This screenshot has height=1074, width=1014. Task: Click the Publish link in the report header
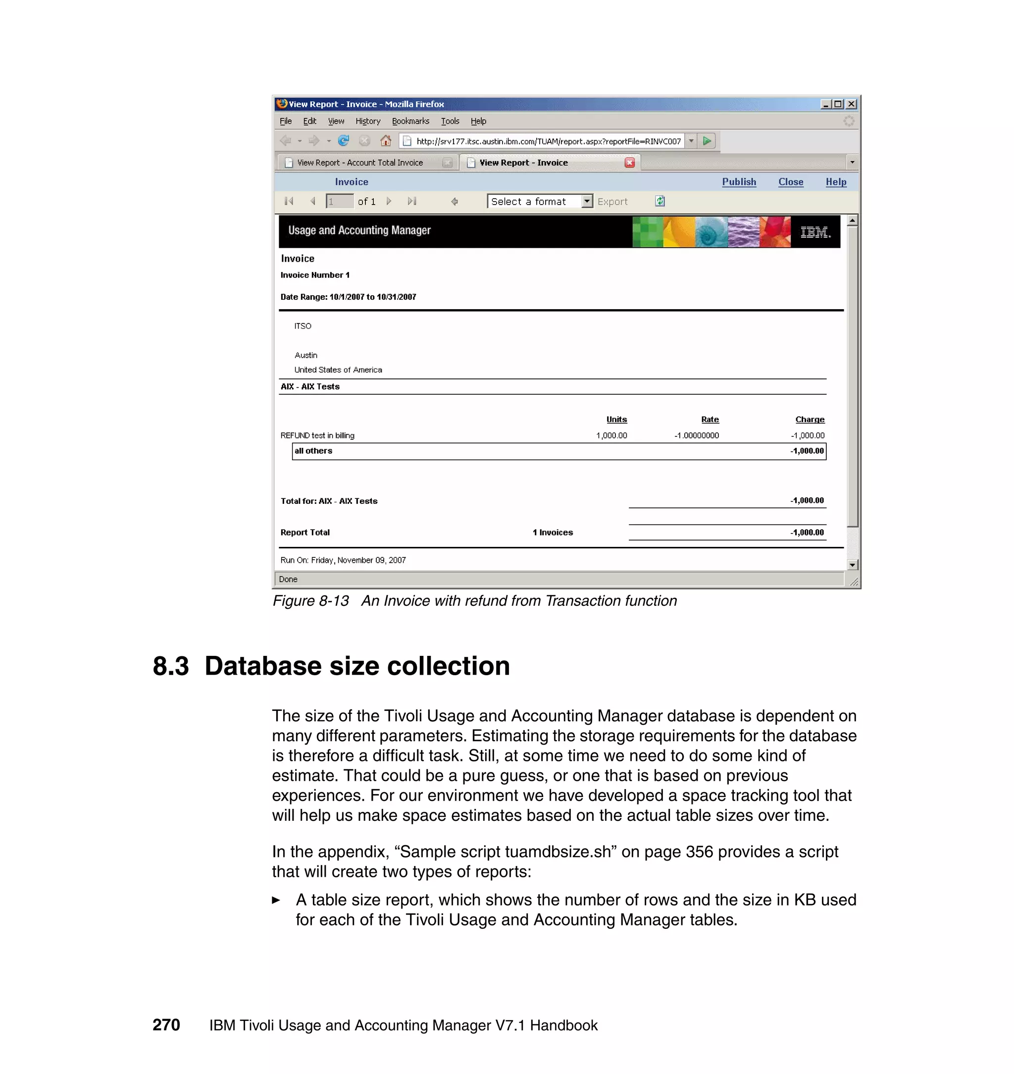(x=738, y=182)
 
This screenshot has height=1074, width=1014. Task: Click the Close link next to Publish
(x=790, y=182)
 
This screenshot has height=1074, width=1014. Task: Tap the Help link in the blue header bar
(x=835, y=182)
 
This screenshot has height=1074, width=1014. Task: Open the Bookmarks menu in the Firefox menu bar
(x=410, y=121)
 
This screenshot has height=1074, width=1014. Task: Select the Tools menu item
(x=450, y=121)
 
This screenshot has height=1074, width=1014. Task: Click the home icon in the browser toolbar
(x=385, y=141)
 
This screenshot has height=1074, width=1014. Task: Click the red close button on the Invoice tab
(x=629, y=163)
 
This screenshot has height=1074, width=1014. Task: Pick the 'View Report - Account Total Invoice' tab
(x=360, y=163)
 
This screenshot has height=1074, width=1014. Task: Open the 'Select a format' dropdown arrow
(x=586, y=201)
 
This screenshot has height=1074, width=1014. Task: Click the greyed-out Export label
(x=612, y=202)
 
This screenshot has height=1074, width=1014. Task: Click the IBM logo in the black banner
(x=814, y=232)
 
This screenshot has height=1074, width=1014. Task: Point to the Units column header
(x=616, y=419)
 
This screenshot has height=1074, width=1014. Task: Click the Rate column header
(x=710, y=419)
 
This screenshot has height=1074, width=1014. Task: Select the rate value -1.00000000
(x=696, y=435)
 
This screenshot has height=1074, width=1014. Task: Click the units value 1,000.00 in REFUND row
(x=611, y=435)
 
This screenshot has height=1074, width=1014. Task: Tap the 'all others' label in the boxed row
(x=313, y=450)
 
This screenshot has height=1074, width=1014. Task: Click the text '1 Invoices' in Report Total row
(x=553, y=532)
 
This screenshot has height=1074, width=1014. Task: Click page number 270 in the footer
(x=166, y=1025)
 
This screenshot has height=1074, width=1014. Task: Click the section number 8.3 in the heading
(x=171, y=666)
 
